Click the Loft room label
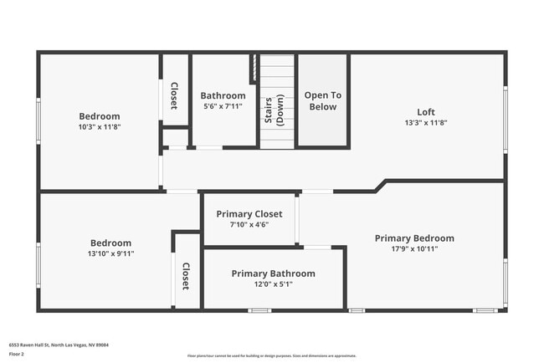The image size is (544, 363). point(426,112)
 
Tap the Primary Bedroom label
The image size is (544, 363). point(414,238)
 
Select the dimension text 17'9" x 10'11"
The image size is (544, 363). point(414,248)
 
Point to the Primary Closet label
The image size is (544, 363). point(249,214)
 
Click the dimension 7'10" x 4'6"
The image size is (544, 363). point(249,224)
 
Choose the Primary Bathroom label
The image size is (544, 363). point(273,274)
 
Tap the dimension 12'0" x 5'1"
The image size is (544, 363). point(273,284)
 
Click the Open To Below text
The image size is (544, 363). point(321,101)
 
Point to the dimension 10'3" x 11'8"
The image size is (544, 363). point(100,126)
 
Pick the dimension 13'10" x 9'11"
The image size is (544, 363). point(111,253)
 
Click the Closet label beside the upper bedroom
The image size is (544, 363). point(174,95)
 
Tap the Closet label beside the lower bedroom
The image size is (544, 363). point(186,275)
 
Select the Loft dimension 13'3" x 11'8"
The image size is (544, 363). point(426,122)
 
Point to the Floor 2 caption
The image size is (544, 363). point(17,354)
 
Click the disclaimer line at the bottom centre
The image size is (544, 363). point(271,355)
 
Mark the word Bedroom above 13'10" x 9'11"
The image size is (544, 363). point(111,243)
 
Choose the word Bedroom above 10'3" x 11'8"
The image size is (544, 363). point(100,116)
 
